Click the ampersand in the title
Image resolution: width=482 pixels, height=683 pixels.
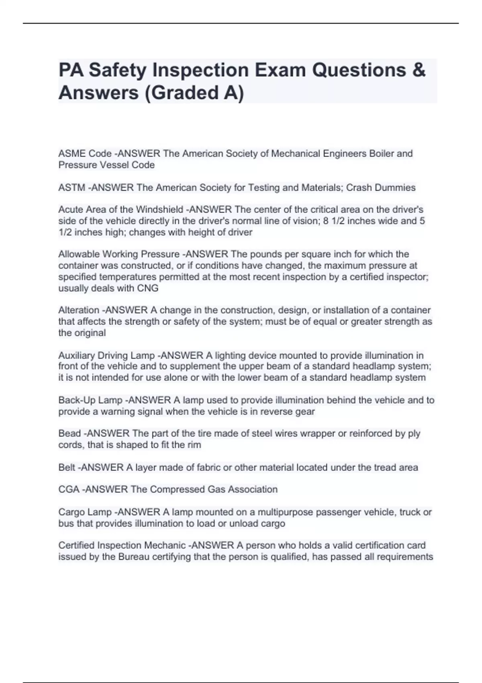pyautogui.click(x=419, y=70)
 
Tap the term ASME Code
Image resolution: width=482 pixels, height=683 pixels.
pyautogui.click(x=85, y=153)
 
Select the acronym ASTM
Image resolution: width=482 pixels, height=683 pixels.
pyautogui.click(x=71, y=188)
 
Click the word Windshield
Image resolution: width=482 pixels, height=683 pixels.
pyautogui.click(x=159, y=209)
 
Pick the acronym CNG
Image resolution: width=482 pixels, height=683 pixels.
pyautogui.click(x=148, y=288)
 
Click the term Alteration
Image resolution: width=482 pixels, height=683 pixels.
pyautogui.click(x=79, y=310)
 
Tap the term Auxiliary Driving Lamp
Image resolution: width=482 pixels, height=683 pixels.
pyautogui.click(x=106, y=356)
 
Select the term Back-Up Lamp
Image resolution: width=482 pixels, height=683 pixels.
pyautogui.click(x=90, y=400)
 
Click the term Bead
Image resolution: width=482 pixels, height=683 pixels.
pyautogui.click(x=69, y=434)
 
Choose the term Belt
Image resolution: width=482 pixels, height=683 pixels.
pyautogui.click(x=67, y=467)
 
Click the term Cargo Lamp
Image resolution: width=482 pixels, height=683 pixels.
pyautogui.click(x=85, y=512)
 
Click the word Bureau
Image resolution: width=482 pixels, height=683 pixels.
pyautogui.click(x=134, y=557)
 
